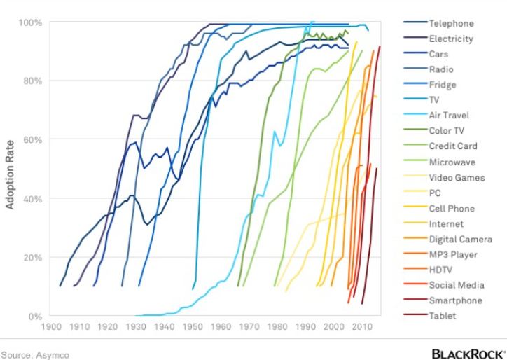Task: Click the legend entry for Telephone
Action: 451,23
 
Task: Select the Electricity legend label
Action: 451,39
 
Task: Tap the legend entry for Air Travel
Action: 449,116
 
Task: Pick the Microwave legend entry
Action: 451,162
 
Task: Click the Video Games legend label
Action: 457,177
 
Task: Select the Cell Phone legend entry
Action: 452,208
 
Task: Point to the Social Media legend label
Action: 457,285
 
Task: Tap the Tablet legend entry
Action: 443,316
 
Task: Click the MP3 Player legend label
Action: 452,254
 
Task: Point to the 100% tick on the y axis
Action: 32,22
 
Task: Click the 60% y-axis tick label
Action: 34,139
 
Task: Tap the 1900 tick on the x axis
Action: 51,326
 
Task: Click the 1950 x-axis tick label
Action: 193,326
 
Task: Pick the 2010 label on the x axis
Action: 362,326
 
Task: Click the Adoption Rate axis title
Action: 10,169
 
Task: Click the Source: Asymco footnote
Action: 35,354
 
